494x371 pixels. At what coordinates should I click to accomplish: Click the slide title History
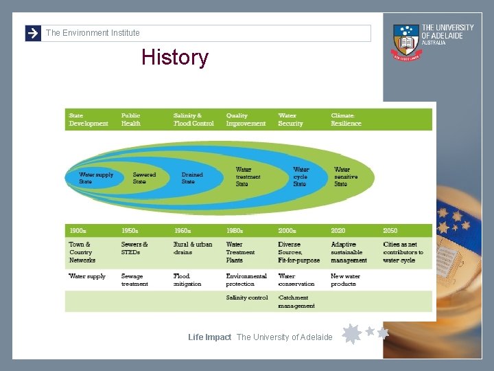[174, 58]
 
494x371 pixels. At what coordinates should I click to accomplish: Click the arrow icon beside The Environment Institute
[33, 33]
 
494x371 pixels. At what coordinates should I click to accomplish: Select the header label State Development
[89, 120]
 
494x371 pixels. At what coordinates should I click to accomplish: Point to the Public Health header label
[131, 120]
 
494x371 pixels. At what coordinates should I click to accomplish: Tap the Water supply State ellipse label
[96, 178]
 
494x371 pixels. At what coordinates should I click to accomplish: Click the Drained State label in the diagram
[192, 178]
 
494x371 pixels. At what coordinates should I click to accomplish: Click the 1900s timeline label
[77, 231]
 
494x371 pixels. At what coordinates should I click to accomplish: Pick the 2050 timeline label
[390, 231]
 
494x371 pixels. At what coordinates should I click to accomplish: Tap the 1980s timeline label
[235, 231]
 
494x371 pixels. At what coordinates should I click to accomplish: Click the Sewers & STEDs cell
[134, 248]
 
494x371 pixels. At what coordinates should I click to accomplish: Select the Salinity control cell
[247, 297]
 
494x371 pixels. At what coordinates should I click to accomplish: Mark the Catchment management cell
[296, 302]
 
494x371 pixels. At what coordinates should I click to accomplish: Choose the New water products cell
[345, 280]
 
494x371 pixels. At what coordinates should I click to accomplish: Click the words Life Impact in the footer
[209, 337]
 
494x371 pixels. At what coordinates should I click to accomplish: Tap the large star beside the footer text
[351, 334]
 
